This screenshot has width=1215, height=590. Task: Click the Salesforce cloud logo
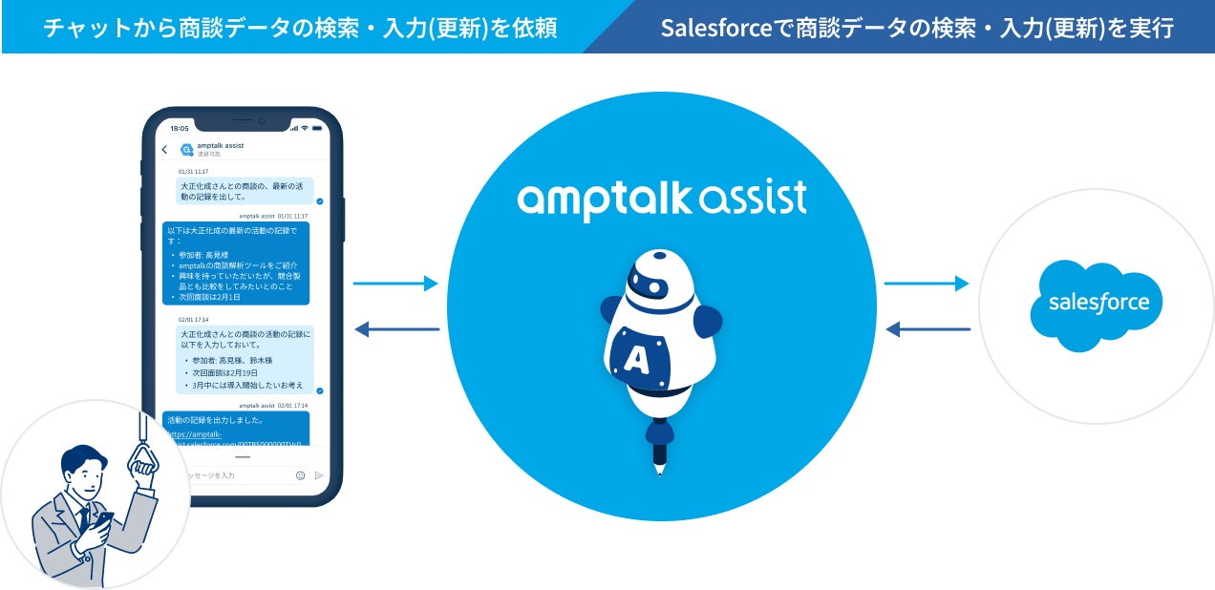1096,305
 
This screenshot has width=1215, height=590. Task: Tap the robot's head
659,277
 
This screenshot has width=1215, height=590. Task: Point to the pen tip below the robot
659,469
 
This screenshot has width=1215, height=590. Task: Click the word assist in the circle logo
755,199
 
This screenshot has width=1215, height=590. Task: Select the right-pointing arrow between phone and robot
395,284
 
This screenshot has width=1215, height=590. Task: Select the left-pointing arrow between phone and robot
395,330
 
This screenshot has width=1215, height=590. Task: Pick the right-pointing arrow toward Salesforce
926,284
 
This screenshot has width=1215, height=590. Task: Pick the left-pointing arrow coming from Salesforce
927,330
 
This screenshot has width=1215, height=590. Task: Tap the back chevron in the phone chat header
164,150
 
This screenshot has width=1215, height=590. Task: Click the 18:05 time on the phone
180,127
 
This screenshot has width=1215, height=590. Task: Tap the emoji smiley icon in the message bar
300,474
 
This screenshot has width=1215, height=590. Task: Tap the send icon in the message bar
319,474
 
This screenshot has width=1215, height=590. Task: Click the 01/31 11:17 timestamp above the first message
194,172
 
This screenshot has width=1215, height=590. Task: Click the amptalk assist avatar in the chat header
186,149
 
